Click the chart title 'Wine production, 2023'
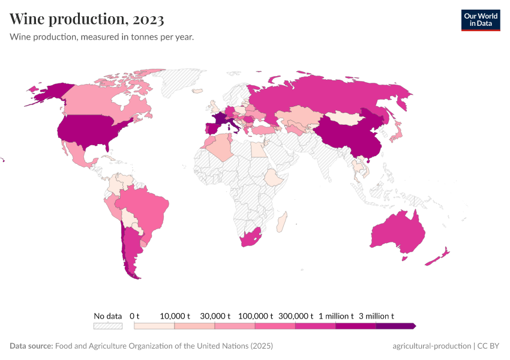pos(87,19)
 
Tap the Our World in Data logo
pos(480,20)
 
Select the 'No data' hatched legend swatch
pos(108,326)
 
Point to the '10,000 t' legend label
pos(175,316)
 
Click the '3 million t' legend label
pos(376,316)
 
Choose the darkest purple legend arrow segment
pos(396,326)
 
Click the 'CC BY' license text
pos(488,346)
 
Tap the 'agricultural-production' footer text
pos(431,346)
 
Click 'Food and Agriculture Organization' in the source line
pos(151,346)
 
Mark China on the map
pos(345,138)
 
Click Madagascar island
pos(281,223)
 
